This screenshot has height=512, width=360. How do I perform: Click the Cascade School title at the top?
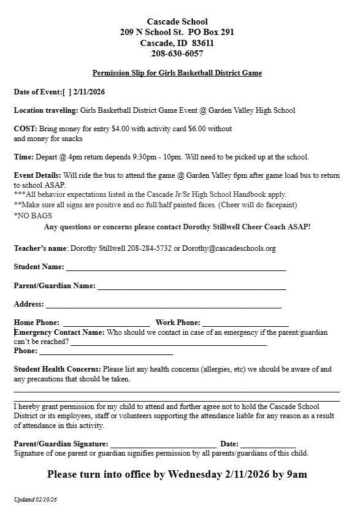177,21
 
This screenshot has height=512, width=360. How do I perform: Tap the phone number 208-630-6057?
177,54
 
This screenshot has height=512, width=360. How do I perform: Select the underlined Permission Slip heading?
177,73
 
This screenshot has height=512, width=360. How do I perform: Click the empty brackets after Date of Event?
67,92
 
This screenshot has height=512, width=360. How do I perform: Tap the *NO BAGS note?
33,216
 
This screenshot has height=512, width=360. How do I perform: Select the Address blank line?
163,305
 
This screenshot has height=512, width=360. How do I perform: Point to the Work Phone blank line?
245,324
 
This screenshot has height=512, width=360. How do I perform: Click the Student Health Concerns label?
57,369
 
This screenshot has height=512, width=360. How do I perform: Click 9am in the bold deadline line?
297,474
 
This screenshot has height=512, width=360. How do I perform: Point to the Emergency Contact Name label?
60,332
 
